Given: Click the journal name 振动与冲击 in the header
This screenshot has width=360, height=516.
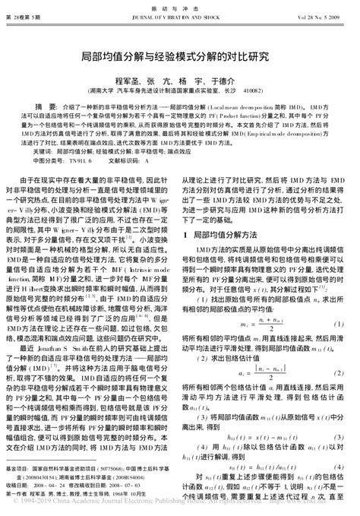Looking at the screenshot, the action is tap(180, 7).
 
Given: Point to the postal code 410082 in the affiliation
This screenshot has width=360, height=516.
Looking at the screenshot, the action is tap(251, 89).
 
